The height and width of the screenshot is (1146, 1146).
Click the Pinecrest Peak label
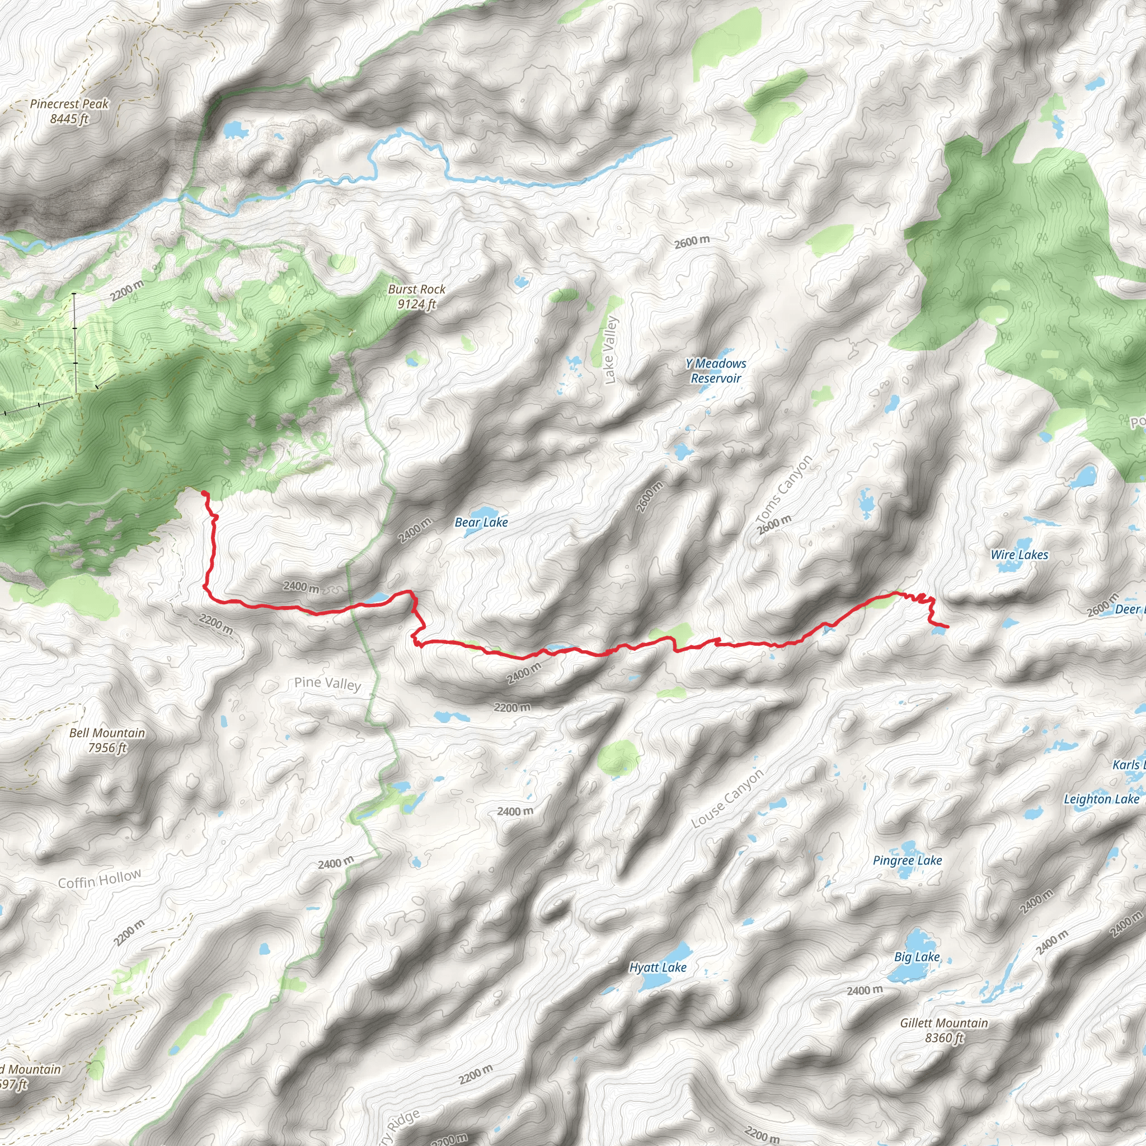69,111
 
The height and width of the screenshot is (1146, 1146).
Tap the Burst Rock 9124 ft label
416,297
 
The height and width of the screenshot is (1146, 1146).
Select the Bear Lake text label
481,523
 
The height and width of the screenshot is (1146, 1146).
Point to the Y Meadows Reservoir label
716,371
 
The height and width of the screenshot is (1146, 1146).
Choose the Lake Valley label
610,350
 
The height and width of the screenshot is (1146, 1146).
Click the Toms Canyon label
783,490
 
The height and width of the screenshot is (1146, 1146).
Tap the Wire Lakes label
1019,555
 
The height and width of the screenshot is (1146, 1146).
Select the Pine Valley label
327,683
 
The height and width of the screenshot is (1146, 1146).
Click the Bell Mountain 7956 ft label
107,740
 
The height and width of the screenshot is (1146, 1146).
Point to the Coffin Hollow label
100,879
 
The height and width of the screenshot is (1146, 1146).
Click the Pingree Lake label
907,860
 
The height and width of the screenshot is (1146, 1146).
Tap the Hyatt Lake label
657,967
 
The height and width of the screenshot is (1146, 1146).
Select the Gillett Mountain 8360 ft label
944,1030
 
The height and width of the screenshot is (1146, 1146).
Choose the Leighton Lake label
1101,799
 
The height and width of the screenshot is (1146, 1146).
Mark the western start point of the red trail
204,493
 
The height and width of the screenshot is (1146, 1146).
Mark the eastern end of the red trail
947,627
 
